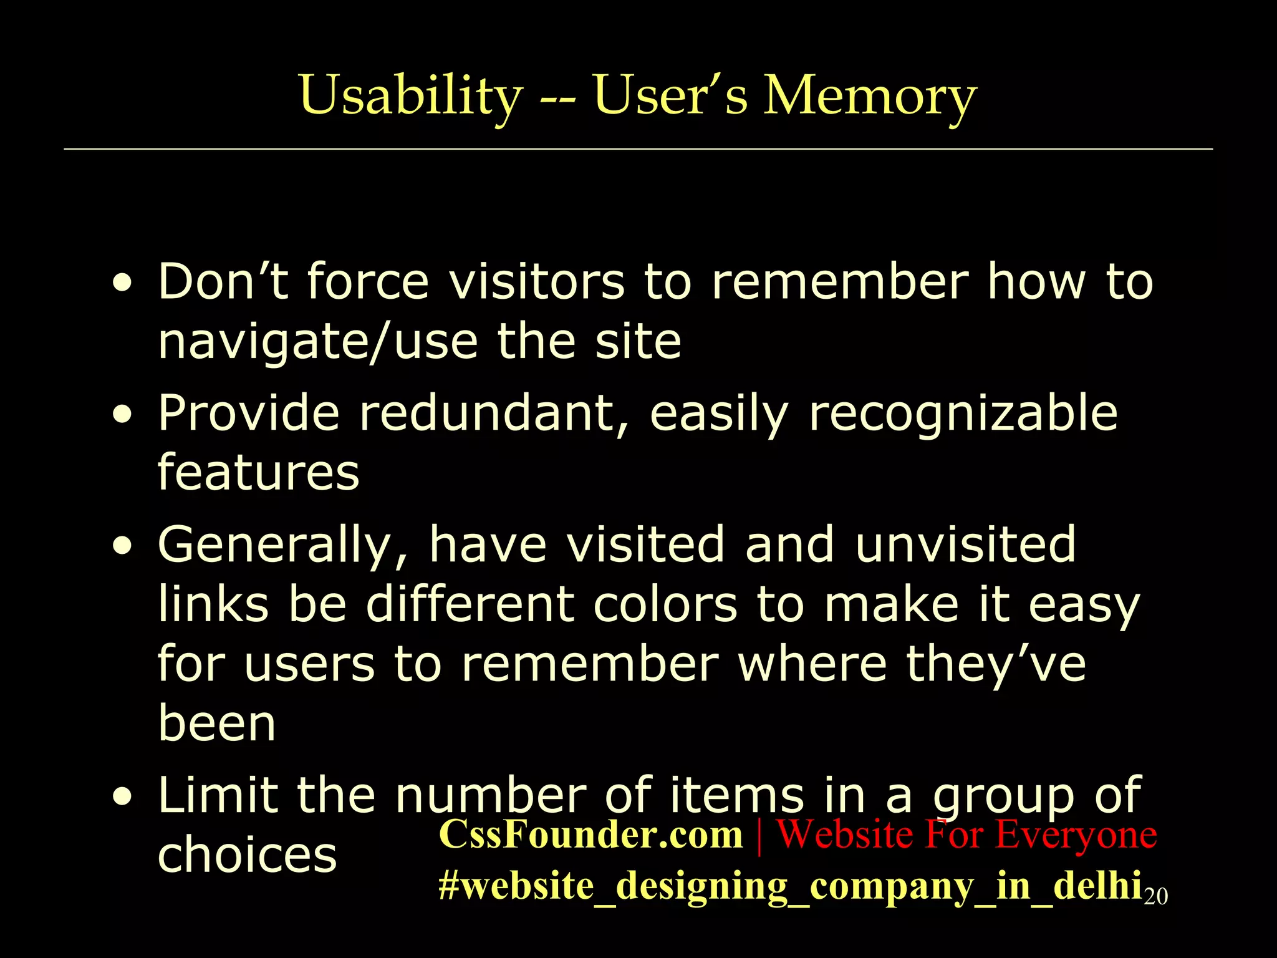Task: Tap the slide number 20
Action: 1156,896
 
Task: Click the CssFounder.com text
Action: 591,834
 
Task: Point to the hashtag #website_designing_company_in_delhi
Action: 790,886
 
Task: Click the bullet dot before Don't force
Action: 123,284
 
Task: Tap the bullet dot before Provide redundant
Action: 123,415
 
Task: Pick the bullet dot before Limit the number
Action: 123,798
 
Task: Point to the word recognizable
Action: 963,413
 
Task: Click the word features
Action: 258,472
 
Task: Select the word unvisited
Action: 965,544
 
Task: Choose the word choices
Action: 247,854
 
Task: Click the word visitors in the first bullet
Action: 537,282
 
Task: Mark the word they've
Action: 995,665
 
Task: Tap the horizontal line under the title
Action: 638,149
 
